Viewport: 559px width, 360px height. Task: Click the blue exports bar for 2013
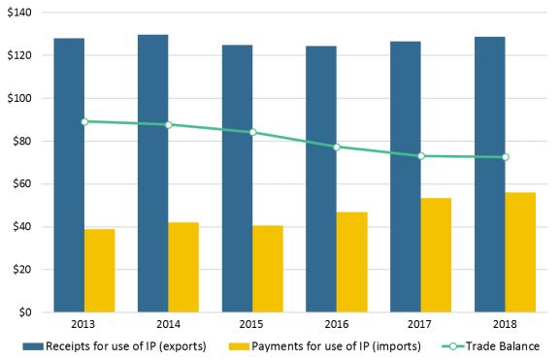click(x=69, y=175)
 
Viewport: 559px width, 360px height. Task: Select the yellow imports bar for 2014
click(x=183, y=267)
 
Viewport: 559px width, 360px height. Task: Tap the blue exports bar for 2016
click(x=321, y=179)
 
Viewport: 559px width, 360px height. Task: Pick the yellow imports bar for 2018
click(x=520, y=252)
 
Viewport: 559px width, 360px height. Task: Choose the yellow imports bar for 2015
click(x=268, y=269)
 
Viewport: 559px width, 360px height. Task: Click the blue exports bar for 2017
click(x=406, y=177)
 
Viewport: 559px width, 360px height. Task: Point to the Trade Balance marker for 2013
click(x=84, y=122)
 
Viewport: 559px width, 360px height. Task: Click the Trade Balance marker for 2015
click(x=252, y=132)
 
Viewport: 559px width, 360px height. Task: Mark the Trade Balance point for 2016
click(x=337, y=147)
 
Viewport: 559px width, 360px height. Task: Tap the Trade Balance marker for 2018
click(x=506, y=157)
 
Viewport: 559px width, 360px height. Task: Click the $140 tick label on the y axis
click(x=19, y=13)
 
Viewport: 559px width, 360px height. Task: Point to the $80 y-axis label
click(x=22, y=141)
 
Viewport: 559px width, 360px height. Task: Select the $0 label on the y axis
click(x=25, y=312)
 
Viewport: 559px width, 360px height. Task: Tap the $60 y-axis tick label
click(x=22, y=184)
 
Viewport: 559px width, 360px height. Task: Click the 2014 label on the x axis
click(x=168, y=324)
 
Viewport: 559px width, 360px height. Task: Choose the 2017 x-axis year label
click(x=419, y=324)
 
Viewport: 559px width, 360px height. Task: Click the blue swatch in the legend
click(x=33, y=346)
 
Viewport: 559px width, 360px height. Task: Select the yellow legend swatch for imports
click(x=239, y=346)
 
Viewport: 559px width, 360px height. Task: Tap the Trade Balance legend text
click(x=503, y=346)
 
